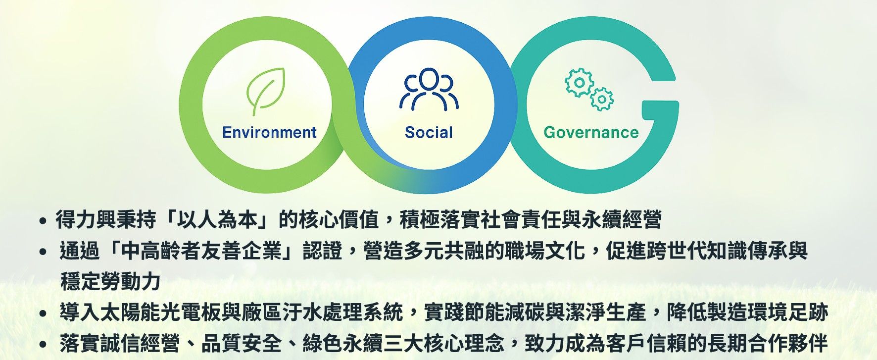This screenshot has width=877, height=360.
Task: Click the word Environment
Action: (x=269, y=133)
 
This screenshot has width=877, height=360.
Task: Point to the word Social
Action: (x=429, y=133)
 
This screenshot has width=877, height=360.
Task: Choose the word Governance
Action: (x=591, y=133)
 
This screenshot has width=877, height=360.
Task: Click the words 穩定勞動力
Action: (x=110, y=282)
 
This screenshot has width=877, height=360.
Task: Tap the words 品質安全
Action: (x=242, y=343)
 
